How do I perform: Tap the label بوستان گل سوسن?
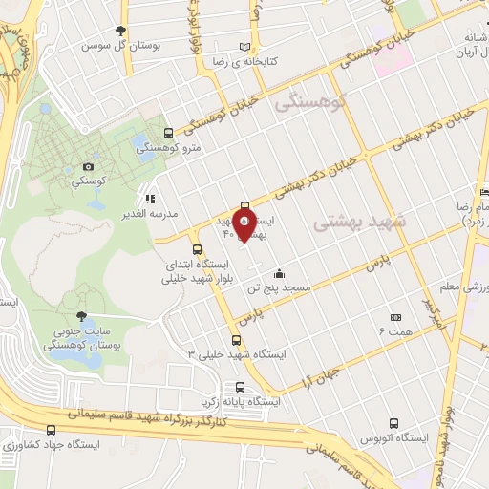[x=119, y=45]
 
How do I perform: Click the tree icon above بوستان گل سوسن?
[x=119, y=31]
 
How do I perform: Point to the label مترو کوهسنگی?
[x=169, y=148]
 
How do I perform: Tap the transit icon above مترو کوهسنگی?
[x=169, y=134]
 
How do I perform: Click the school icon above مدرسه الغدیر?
[x=150, y=200]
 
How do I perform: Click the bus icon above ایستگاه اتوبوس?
[x=393, y=422]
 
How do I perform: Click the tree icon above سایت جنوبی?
[x=81, y=315]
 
